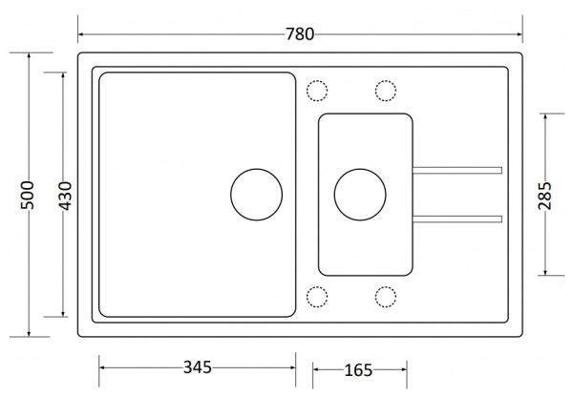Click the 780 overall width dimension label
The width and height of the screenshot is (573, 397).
299,34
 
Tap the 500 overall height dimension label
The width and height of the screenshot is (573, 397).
28,195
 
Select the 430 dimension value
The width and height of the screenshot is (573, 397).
66,196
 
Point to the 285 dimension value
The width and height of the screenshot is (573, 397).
544,196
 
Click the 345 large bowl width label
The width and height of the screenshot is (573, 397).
198,367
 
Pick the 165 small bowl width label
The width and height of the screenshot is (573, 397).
358,370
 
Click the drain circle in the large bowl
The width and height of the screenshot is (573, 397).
230,195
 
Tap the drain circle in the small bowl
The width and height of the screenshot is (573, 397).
334,195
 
